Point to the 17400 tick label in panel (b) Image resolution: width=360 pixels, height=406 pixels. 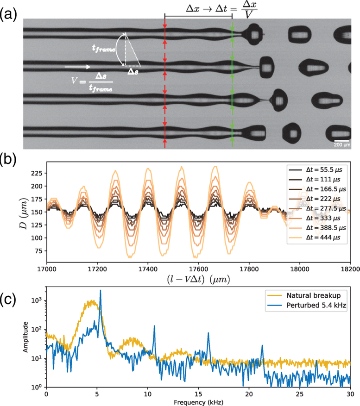click(x=147, y=268)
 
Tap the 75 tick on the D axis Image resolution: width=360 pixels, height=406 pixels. click(x=38, y=251)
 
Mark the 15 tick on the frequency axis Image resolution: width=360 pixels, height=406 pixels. click(x=198, y=394)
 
